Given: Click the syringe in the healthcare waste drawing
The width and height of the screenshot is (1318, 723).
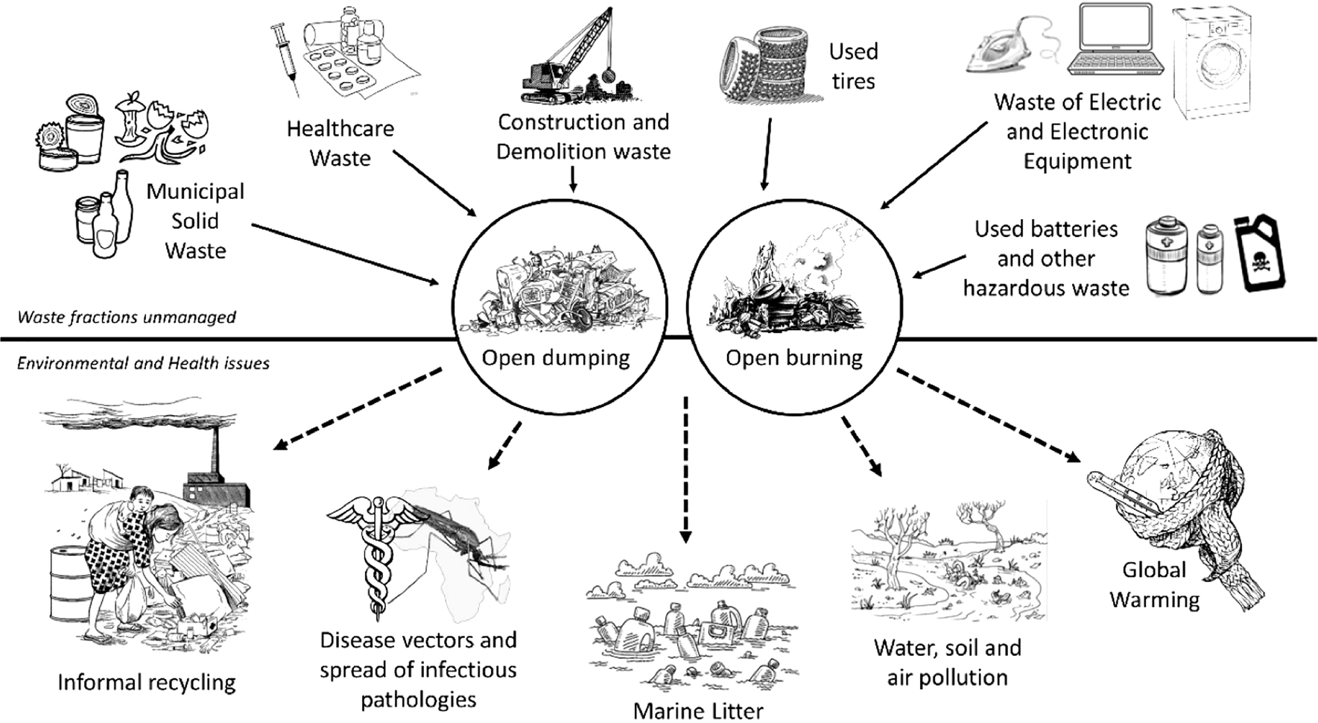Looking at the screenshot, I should (285, 56).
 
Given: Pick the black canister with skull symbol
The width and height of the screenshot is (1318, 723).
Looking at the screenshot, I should (1259, 253).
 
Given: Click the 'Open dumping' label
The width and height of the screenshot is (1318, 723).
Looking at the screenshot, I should (556, 358).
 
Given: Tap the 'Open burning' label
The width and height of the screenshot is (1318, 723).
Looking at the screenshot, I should (794, 358).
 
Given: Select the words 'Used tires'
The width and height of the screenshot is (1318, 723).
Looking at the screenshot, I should (854, 66).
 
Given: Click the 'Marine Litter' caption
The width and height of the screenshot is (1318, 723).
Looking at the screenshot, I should (698, 711).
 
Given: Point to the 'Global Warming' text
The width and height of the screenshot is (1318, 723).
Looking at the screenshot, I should (1154, 585).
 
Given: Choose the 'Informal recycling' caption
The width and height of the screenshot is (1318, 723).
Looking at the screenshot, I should (147, 682).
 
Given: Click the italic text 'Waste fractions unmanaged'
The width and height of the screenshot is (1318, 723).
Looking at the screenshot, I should (127, 318).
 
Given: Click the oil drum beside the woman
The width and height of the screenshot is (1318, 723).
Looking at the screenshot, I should (68, 585).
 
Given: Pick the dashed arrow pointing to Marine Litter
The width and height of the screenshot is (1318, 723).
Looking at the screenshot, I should (686, 470).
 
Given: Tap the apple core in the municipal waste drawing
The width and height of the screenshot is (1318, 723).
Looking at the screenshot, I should (132, 119).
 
